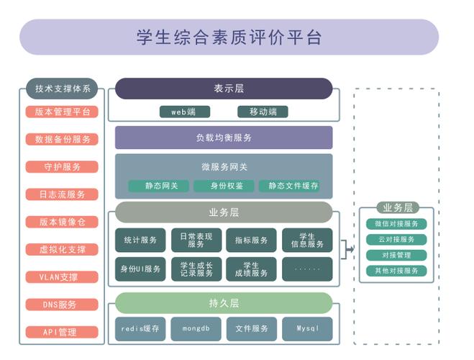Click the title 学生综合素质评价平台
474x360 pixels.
pyautogui.click(x=229, y=37)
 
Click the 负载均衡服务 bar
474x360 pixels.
pyautogui.click(x=224, y=138)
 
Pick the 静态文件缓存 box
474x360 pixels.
pyautogui.click(x=288, y=186)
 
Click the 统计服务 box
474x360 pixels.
pyautogui.click(x=140, y=240)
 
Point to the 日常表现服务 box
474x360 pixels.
pyautogui.click(x=196, y=240)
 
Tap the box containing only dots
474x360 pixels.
pyautogui.click(x=307, y=269)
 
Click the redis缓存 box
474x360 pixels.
pyautogui.click(x=140, y=328)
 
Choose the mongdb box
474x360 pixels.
pyautogui.click(x=196, y=328)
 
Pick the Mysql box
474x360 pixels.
pyautogui.click(x=307, y=328)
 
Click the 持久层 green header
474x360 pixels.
pyautogui.click(x=224, y=302)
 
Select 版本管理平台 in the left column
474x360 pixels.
pyautogui.click(x=62, y=112)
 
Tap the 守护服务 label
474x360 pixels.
pyautogui.click(x=62, y=166)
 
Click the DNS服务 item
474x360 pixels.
pyautogui.click(x=62, y=305)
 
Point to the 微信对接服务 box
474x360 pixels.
pyautogui.click(x=396, y=224)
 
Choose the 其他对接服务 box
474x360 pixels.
pyautogui.click(x=396, y=271)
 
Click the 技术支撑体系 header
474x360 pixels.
pyautogui.click(x=62, y=89)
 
